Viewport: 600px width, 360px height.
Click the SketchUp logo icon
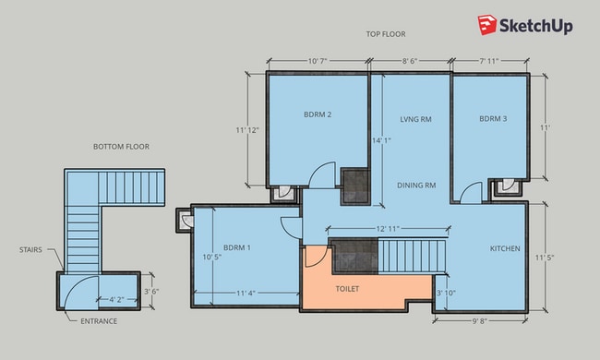tap(487, 25)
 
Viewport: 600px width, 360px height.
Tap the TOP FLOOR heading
tap(386, 34)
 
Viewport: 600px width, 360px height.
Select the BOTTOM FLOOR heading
tap(121, 147)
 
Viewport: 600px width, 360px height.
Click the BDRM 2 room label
tap(318, 114)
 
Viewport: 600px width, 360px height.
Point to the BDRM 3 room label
tap(493, 118)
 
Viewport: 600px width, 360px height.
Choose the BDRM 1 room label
tap(237, 247)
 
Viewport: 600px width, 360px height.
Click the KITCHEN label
tap(505, 248)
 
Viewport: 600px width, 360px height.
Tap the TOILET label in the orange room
tap(347, 289)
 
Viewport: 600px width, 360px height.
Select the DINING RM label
tap(416, 186)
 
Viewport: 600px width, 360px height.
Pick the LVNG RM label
tap(416, 119)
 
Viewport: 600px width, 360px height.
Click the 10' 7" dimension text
tap(318, 61)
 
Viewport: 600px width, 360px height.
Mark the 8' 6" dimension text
tap(410, 61)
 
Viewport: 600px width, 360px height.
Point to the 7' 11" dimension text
tap(489, 61)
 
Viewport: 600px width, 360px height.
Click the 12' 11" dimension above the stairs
tap(388, 229)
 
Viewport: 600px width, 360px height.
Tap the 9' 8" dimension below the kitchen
tap(480, 321)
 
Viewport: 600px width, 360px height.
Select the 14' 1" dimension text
tap(381, 141)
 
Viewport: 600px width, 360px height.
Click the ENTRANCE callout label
tap(99, 321)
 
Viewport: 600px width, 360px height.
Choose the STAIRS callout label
tap(30, 250)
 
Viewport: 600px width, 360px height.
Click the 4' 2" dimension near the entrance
tap(116, 300)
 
